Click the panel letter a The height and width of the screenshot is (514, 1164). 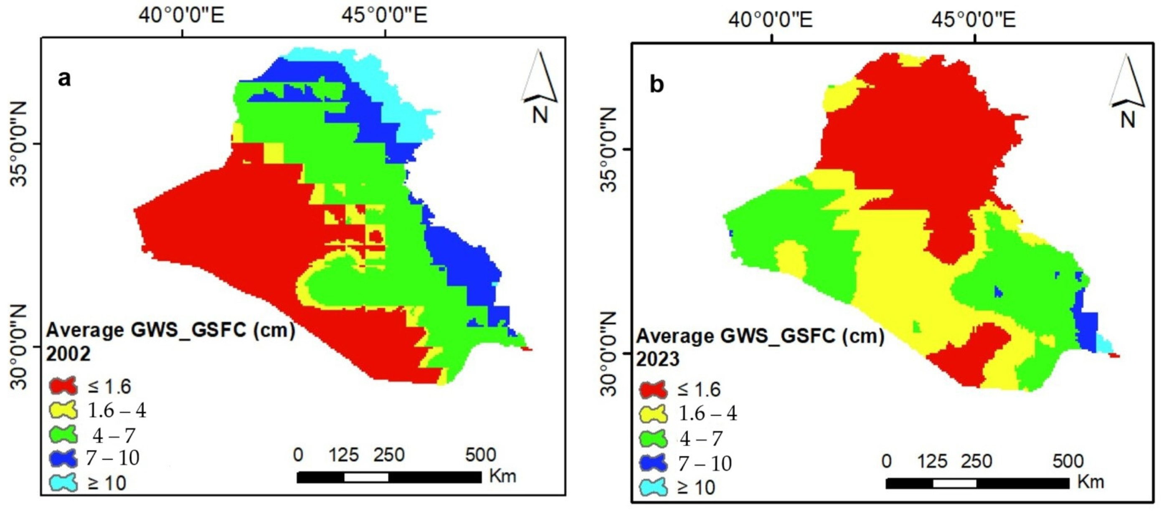coord(65,79)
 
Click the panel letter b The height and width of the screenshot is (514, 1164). coord(656,84)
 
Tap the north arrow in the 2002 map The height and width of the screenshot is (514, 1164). coord(540,86)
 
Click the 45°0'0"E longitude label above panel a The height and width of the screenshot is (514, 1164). coord(385,16)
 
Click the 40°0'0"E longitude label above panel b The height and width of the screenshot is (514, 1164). coord(771,21)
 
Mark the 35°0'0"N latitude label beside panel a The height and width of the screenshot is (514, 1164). coord(20,144)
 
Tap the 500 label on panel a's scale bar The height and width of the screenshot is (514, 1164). coord(481,455)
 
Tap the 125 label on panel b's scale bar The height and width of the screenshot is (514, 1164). coord(933,461)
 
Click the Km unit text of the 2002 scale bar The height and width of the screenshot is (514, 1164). coord(502,476)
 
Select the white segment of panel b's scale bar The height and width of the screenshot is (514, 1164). coord(954,483)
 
